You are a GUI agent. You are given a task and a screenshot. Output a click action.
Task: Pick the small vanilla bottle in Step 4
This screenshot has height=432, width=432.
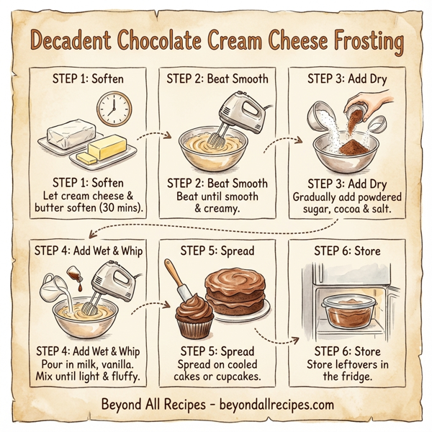[73, 275]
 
